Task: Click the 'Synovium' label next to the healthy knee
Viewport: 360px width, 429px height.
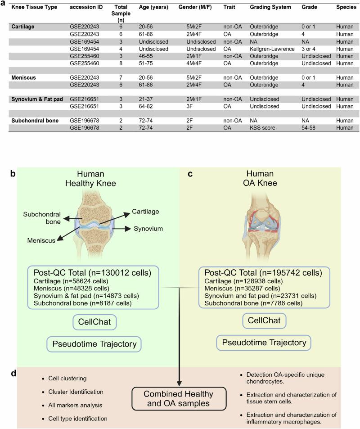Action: click(x=148, y=229)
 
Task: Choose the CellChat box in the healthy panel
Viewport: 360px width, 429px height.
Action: click(x=93, y=321)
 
